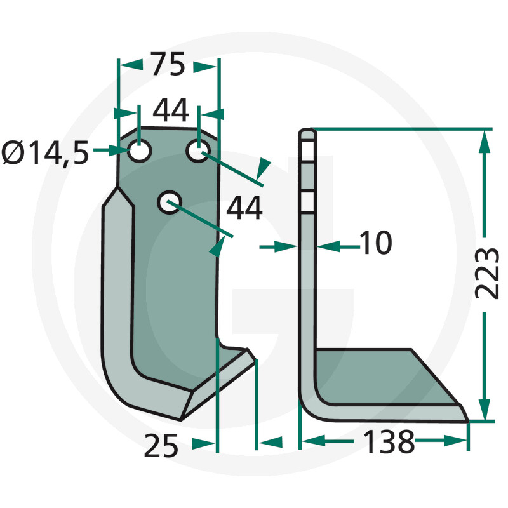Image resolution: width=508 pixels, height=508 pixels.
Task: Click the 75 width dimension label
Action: pos(168,65)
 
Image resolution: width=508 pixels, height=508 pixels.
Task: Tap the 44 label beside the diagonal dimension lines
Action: pos(244,208)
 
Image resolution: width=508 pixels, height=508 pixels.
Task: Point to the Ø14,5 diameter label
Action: pos(44,152)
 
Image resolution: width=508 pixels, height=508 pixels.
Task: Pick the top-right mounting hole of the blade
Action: pos(197,151)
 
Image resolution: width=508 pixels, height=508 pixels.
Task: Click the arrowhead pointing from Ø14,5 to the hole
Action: pos(120,151)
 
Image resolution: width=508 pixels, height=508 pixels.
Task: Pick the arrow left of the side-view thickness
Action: pos(288,245)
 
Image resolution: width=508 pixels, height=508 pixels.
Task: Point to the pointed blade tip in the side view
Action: pos(466,419)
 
